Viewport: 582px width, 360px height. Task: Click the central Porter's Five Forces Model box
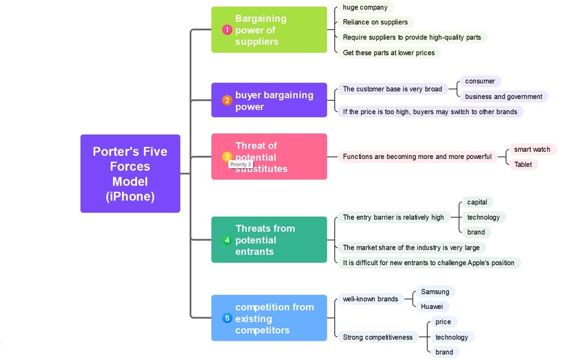click(130, 173)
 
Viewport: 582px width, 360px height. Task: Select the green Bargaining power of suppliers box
click(269, 30)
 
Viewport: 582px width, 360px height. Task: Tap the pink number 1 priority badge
click(227, 30)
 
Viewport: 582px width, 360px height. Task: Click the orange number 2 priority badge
click(227, 101)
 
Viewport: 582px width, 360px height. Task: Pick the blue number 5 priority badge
click(227, 318)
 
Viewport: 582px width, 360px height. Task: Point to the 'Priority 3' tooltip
click(241, 164)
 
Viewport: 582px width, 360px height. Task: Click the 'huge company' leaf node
click(365, 7)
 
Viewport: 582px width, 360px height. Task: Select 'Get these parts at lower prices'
click(389, 53)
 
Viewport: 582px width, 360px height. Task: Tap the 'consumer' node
click(479, 81)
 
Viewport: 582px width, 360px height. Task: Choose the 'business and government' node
click(503, 96)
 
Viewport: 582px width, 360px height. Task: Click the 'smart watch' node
click(532, 150)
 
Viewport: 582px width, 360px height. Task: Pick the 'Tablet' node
click(523, 164)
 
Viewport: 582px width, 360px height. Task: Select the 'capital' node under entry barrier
click(477, 202)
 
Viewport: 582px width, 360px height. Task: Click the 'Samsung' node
click(435, 292)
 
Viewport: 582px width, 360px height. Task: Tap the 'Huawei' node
click(431, 306)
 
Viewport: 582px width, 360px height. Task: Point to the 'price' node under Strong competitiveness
click(443, 322)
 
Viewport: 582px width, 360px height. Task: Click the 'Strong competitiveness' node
click(377, 337)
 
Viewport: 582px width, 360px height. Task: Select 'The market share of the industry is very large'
click(411, 248)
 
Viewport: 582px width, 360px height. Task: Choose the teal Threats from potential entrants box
click(269, 240)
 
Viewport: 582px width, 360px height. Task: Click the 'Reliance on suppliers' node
click(375, 22)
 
